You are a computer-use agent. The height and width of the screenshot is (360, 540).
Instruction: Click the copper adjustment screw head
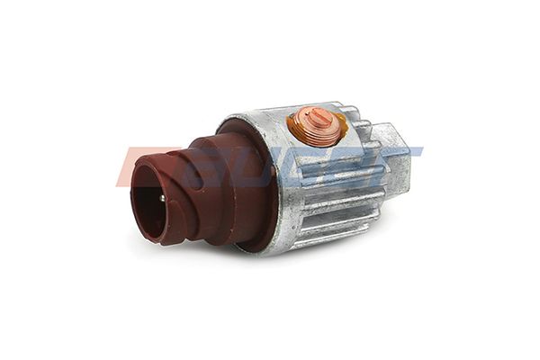click(316, 125)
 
